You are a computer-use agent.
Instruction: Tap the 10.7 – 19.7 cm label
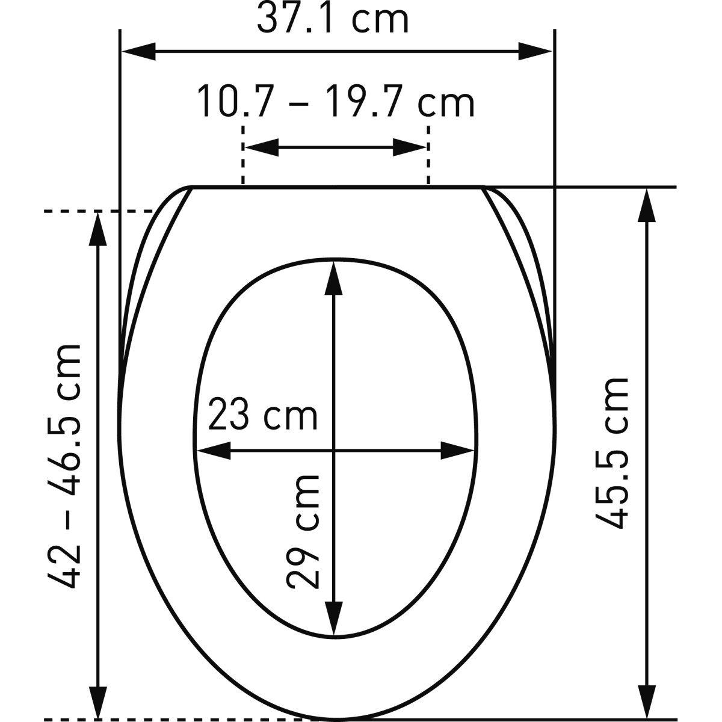click(x=336, y=102)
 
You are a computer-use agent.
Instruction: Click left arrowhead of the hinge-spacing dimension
click(x=262, y=147)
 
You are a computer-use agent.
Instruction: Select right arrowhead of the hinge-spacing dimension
click(x=410, y=147)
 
